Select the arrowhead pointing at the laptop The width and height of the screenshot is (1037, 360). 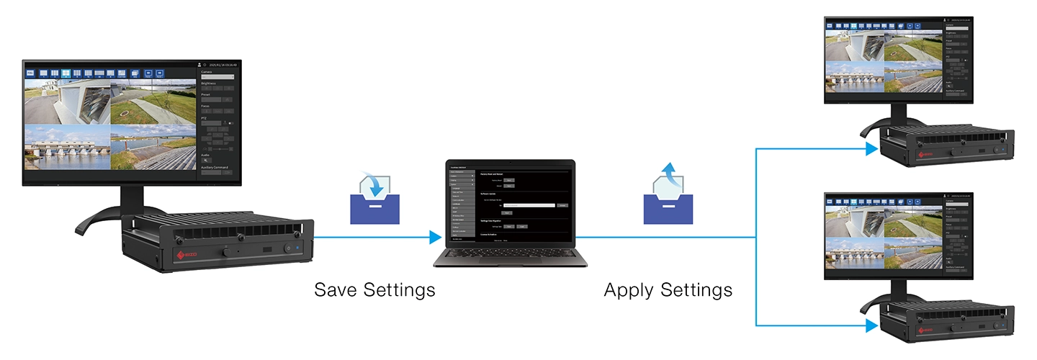434,237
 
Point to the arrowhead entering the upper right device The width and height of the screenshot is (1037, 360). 872,149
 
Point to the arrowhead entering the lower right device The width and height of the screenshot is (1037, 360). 872,325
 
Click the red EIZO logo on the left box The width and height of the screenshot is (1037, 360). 189,255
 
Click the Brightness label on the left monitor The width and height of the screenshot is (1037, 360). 209,84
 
